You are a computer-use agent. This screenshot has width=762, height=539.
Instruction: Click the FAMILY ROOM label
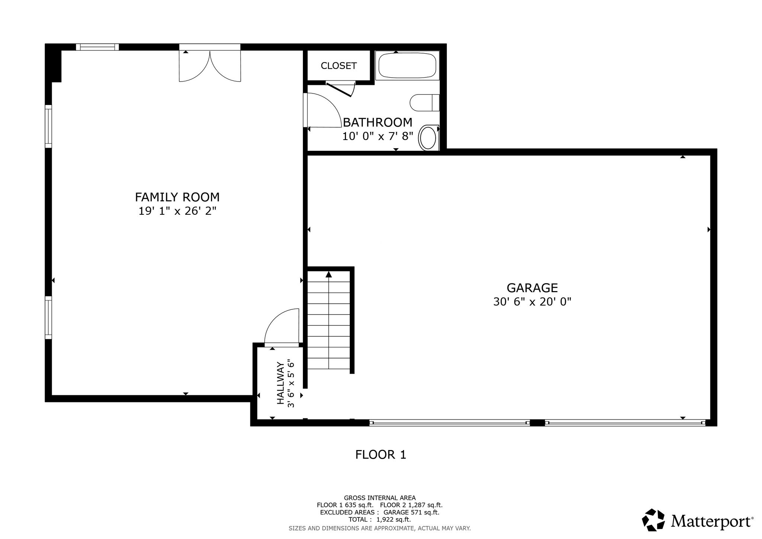[177, 197]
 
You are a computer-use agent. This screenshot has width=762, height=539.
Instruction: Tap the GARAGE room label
[532, 288]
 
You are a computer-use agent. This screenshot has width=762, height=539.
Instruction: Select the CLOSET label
[339, 66]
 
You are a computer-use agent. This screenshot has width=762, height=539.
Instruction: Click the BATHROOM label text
[378, 122]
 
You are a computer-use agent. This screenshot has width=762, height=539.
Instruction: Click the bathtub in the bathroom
[407, 65]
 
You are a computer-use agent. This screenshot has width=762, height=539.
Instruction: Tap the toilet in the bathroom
[425, 103]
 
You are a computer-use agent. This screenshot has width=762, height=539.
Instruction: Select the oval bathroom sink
[428, 138]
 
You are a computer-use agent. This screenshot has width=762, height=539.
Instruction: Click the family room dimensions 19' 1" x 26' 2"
[177, 211]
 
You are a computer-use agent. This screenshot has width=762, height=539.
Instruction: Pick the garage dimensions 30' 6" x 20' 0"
[532, 302]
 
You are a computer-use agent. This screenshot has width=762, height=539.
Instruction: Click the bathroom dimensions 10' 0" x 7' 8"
[378, 136]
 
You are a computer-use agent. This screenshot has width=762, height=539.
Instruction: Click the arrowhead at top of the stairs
[329, 274]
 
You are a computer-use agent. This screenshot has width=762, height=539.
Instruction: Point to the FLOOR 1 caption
[381, 455]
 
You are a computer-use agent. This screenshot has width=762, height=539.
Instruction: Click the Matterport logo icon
[653, 520]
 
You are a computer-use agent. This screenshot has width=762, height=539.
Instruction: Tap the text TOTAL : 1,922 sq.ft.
[380, 520]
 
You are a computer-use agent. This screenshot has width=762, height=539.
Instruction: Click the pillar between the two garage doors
[537, 422]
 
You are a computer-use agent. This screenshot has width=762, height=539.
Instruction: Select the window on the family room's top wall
[97, 47]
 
